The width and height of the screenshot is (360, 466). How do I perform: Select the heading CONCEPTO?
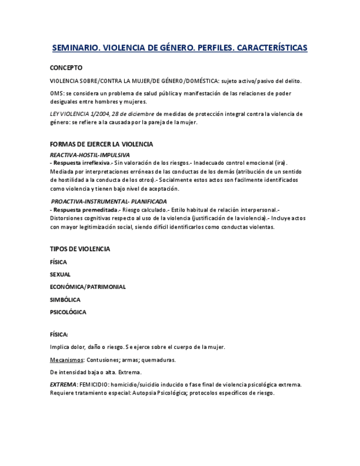66,68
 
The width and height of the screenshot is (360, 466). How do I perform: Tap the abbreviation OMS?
56,93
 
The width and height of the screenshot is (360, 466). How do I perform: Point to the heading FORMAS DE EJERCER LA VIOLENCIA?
101,144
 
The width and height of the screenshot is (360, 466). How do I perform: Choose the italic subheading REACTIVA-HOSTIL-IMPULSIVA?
90,155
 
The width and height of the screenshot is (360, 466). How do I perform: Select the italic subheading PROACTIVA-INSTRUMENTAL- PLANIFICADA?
109,202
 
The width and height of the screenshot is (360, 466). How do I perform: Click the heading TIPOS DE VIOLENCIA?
80,249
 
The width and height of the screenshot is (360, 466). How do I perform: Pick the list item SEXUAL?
60,274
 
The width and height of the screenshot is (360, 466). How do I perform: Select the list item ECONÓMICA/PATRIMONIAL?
87,287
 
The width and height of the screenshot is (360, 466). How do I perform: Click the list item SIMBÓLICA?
65,300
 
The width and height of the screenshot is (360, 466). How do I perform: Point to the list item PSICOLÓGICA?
68,312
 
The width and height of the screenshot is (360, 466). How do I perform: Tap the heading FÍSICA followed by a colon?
59,334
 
